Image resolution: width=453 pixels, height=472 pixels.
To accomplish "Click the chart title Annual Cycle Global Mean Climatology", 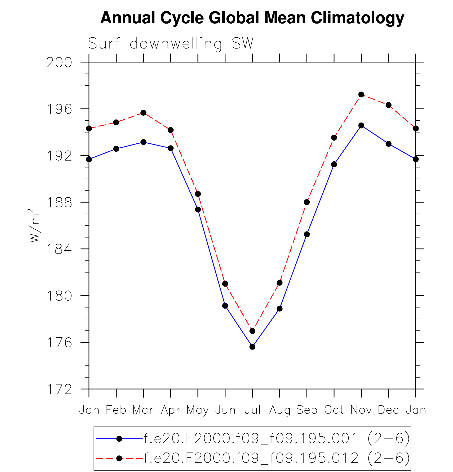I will (x=252, y=18).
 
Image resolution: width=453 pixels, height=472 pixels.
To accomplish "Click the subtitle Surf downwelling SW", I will (x=171, y=43).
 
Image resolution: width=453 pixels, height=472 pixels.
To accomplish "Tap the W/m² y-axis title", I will (x=34, y=225).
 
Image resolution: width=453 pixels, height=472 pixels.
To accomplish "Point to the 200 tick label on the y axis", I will (x=59, y=63).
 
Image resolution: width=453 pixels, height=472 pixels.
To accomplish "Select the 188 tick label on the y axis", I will (x=59, y=203).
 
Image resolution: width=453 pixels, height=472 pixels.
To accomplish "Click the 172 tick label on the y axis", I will (x=59, y=389).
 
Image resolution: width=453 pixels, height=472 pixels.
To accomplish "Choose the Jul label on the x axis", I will (x=252, y=410).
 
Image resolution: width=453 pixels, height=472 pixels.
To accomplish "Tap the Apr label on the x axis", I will (x=170, y=410).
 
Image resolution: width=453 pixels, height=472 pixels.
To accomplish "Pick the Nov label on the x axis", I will (x=361, y=410).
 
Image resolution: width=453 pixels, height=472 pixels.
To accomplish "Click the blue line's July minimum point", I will (x=252, y=347).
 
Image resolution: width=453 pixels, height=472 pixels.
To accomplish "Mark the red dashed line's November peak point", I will (x=361, y=94).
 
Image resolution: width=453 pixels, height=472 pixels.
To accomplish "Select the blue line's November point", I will (x=361, y=125).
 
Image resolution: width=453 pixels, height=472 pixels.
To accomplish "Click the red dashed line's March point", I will (x=143, y=113).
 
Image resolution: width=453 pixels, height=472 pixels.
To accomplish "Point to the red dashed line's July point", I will (x=252, y=331).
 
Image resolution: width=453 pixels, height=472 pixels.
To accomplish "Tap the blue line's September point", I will (x=307, y=234).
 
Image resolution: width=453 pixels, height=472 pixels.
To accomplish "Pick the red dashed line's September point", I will (x=307, y=202).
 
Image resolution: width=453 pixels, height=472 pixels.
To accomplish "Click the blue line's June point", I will (x=225, y=306).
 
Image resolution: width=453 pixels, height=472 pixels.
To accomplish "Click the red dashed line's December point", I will (x=388, y=105).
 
